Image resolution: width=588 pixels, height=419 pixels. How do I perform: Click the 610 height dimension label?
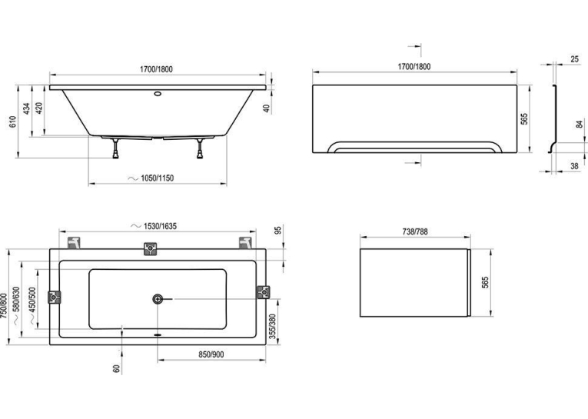pos(13,122)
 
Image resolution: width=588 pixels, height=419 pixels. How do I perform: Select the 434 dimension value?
pos(27,108)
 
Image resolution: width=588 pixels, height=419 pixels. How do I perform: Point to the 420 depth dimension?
pos(39,108)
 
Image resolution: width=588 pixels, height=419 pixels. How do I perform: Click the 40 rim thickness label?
pos(266,108)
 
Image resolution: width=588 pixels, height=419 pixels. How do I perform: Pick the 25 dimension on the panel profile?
pos(574,59)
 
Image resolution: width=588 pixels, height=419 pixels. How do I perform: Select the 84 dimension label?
pos(580,124)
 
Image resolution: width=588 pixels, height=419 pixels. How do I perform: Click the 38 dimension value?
pos(574,165)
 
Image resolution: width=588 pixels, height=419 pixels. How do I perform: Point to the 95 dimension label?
pos(278,230)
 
